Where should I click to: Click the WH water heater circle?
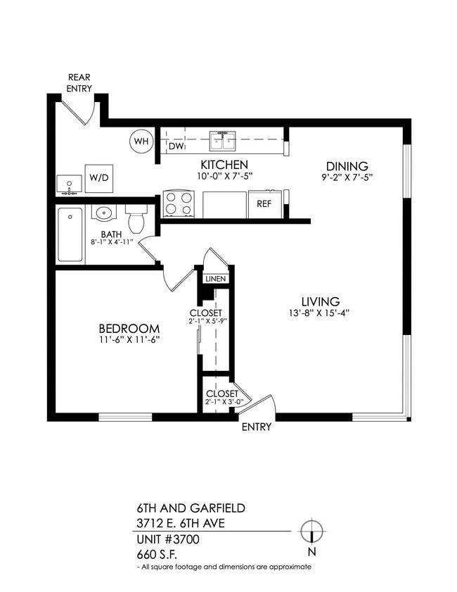click(x=141, y=141)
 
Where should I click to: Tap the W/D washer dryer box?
click(x=99, y=177)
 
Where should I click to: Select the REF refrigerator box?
click(x=264, y=204)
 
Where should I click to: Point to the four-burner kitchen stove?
click(x=179, y=204)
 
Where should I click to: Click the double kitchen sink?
click(x=224, y=141)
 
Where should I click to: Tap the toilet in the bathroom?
click(x=136, y=218)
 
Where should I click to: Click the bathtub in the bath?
click(x=70, y=235)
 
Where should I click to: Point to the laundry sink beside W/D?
click(x=69, y=184)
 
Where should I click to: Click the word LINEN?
click(x=215, y=279)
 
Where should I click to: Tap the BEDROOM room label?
click(x=129, y=329)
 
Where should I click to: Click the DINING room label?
click(x=347, y=166)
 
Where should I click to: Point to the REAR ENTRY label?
click(x=80, y=82)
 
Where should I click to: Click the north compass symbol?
click(x=311, y=530)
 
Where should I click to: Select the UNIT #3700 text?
click(x=168, y=539)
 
